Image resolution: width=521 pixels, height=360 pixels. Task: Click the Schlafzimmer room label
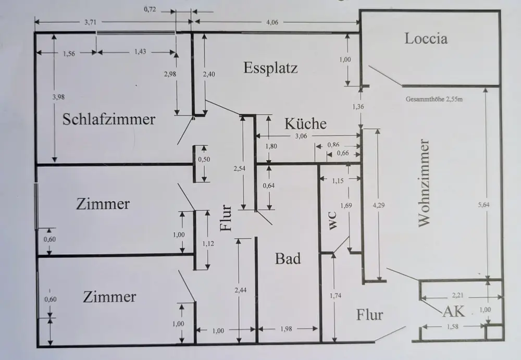[109, 119]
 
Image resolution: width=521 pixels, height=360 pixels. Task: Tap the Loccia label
[426, 39]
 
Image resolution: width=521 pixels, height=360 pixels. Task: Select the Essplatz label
[270, 68]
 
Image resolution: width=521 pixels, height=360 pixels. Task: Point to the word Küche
[306, 124]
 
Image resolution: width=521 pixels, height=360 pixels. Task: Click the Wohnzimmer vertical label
[425, 182]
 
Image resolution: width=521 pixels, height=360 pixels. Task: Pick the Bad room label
[288, 258]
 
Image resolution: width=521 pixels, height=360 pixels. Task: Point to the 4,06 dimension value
[275, 21]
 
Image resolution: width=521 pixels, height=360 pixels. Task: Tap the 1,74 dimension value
[337, 296]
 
